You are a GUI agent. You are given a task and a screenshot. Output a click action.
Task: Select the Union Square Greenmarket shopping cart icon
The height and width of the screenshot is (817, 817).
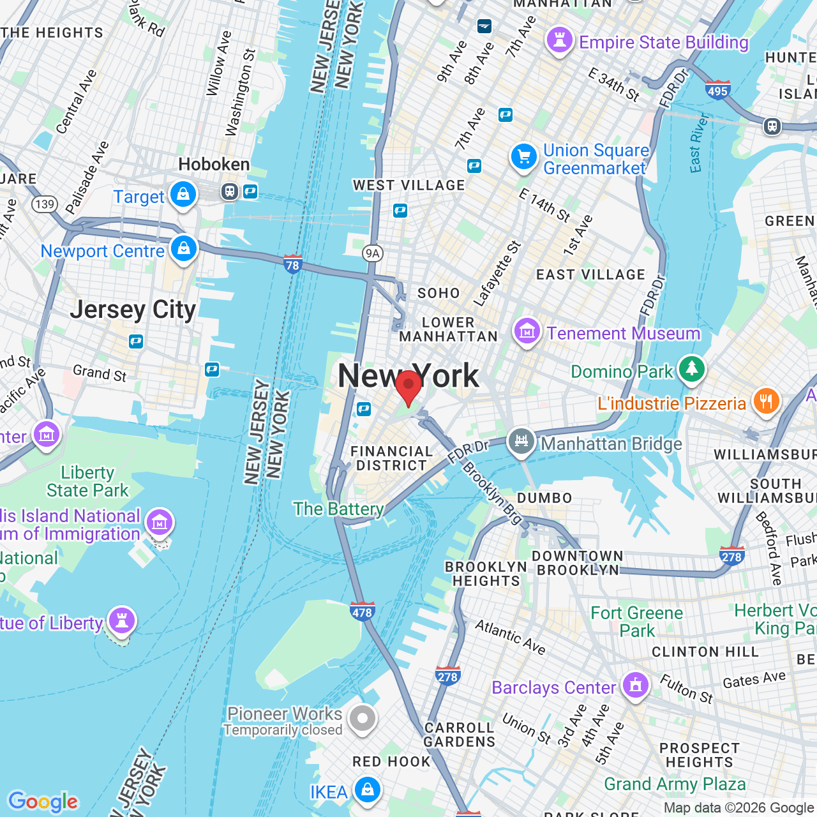(x=524, y=156)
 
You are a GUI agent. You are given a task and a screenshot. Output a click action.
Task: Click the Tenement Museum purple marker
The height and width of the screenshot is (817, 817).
(x=527, y=331)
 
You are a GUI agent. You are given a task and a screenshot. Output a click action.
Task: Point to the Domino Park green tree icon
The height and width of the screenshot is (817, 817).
(x=691, y=369)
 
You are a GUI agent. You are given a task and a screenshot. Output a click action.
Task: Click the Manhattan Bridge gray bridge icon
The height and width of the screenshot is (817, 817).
(x=521, y=441)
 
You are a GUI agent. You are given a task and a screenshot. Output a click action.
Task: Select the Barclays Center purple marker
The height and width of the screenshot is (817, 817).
(x=635, y=686)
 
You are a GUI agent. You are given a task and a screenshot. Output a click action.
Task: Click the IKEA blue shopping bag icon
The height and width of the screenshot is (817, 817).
(x=368, y=790)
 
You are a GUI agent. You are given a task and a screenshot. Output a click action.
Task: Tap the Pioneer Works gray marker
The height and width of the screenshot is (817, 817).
(x=363, y=719)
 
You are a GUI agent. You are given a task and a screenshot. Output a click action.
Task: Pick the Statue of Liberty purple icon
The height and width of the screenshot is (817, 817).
(x=121, y=620)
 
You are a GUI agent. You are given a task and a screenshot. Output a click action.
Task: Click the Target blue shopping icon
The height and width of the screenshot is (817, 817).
(x=183, y=194)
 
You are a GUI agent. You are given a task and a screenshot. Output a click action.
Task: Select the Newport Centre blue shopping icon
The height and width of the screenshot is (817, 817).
(x=184, y=248)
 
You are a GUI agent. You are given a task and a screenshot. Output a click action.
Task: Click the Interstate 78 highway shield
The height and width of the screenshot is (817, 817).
(x=293, y=264)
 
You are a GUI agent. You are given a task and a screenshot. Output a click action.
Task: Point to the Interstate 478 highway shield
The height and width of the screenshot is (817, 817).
(x=362, y=611)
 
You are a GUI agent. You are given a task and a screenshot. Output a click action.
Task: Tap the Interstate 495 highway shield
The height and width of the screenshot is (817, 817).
(x=717, y=90)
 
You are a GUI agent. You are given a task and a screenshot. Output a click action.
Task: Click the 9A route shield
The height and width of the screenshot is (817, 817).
(x=372, y=253)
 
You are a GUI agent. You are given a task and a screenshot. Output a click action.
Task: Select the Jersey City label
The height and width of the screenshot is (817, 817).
(x=133, y=310)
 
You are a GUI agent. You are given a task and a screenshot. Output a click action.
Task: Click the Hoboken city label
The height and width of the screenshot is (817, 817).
(x=214, y=165)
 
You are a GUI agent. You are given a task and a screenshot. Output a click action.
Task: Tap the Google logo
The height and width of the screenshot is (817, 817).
(x=43, y=801)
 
